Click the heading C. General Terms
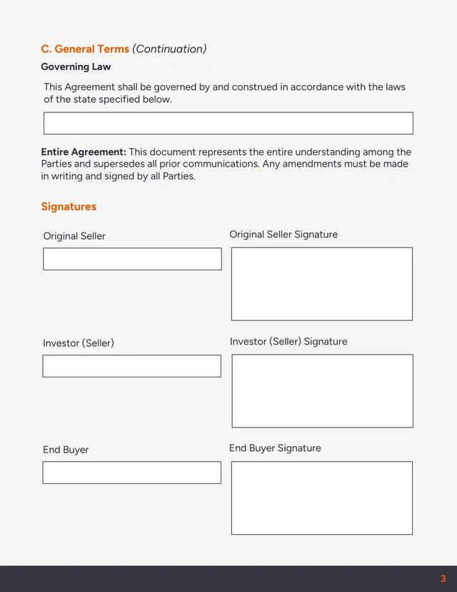pyautogui.click(x=85, y=49)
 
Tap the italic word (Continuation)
pyautogui.click(x=169, y=49)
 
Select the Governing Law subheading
pyautogui.click(x=76, y=67)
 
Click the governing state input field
pyautogui.click(x=228, y=123)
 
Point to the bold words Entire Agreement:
pyautogui.click(x=84, y=152)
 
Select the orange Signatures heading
pyautogui.click(x=69, y=207)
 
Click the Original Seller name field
pyautogui.click(x=132, y=259)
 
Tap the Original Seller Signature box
pyautogui.click(x=321, y=284)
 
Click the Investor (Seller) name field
pyautogui.click(x=131, y=366)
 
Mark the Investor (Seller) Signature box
pyautogui.click(x=322, y=391)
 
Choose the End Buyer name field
pyautogui.click(x=131, y=473)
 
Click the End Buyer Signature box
pyautogui.click(x=321, y=498)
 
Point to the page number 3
pyautogui.click(x=443, y=578)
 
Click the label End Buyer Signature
pyautogui.click(x=275, y=448)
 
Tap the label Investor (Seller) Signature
pyautogui.click(x=288, y=342)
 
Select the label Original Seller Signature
pyautogui.click(x=283, y=235)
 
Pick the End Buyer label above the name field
pyautogui.click(x=66, y=450)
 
